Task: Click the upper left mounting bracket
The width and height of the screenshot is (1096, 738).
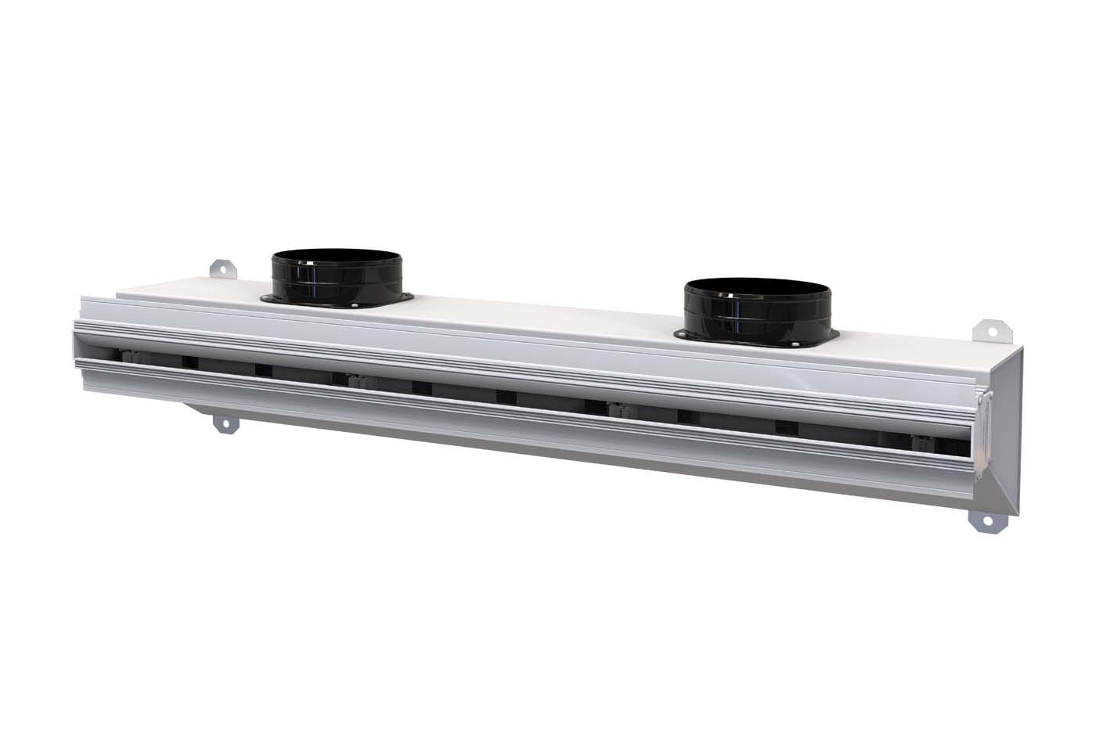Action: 225,268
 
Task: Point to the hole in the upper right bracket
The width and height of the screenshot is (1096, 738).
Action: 991,330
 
